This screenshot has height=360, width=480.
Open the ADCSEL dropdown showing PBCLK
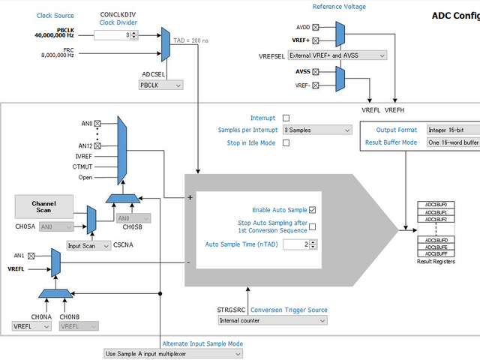coord(160,85)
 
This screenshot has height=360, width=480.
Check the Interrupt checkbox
coord(286,118)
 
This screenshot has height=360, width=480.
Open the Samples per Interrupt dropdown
coord(316,130)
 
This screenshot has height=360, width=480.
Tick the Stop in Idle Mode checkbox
coord(286,143)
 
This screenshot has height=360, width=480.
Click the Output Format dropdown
coord(452,130)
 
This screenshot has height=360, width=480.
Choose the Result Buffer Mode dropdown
coord(452,142)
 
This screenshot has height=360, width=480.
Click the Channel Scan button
coord(43,207)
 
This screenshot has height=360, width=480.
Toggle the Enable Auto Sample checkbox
coord(312,210)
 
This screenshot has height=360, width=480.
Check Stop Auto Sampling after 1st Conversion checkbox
coord(312,227)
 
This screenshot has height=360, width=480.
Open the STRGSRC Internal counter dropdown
coord(272,320)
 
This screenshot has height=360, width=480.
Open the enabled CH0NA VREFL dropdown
coord(31,326)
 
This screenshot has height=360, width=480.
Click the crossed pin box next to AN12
coord(97,145)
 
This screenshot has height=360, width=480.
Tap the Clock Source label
coord(55,16)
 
